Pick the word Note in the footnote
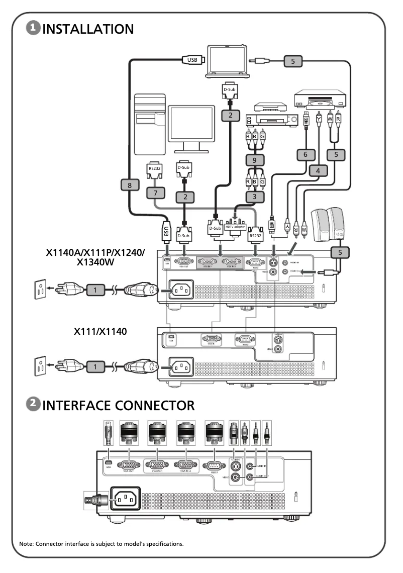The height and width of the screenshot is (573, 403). pyautogui.click(x=26, y=543)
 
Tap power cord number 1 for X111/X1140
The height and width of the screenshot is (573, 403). pyautogui.click(x=94, y=366)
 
